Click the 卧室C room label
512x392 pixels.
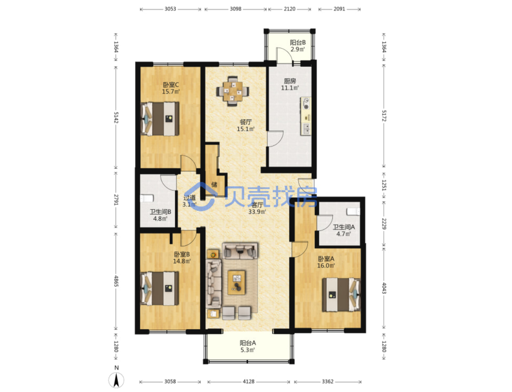[x=171, y=84]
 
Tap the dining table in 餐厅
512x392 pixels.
[x=233, y=91]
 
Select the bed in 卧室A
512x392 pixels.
[x=341, y=295]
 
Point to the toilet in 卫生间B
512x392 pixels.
[x=147, y=198]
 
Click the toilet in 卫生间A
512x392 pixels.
[x=353, y=211]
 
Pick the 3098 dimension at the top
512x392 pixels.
[x=235, y=9]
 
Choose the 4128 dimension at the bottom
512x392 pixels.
[x=248, y=381]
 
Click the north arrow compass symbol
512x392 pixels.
[x=116, y=380]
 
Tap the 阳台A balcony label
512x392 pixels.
[x=248, y=343]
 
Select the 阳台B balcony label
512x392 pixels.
[x=298, y=42]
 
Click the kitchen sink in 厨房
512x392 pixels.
[x=306, y=129]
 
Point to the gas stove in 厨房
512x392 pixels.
[x=306, y=104]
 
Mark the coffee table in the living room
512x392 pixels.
[x=237, y=282]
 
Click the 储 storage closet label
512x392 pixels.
[x=214, y=185]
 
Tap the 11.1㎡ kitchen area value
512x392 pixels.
[x=290, y=88]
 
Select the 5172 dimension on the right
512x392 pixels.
[x=384, y=116]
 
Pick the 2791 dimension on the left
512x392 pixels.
[x=116, y=200]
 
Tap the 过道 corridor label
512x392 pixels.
[x=189, y=197]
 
